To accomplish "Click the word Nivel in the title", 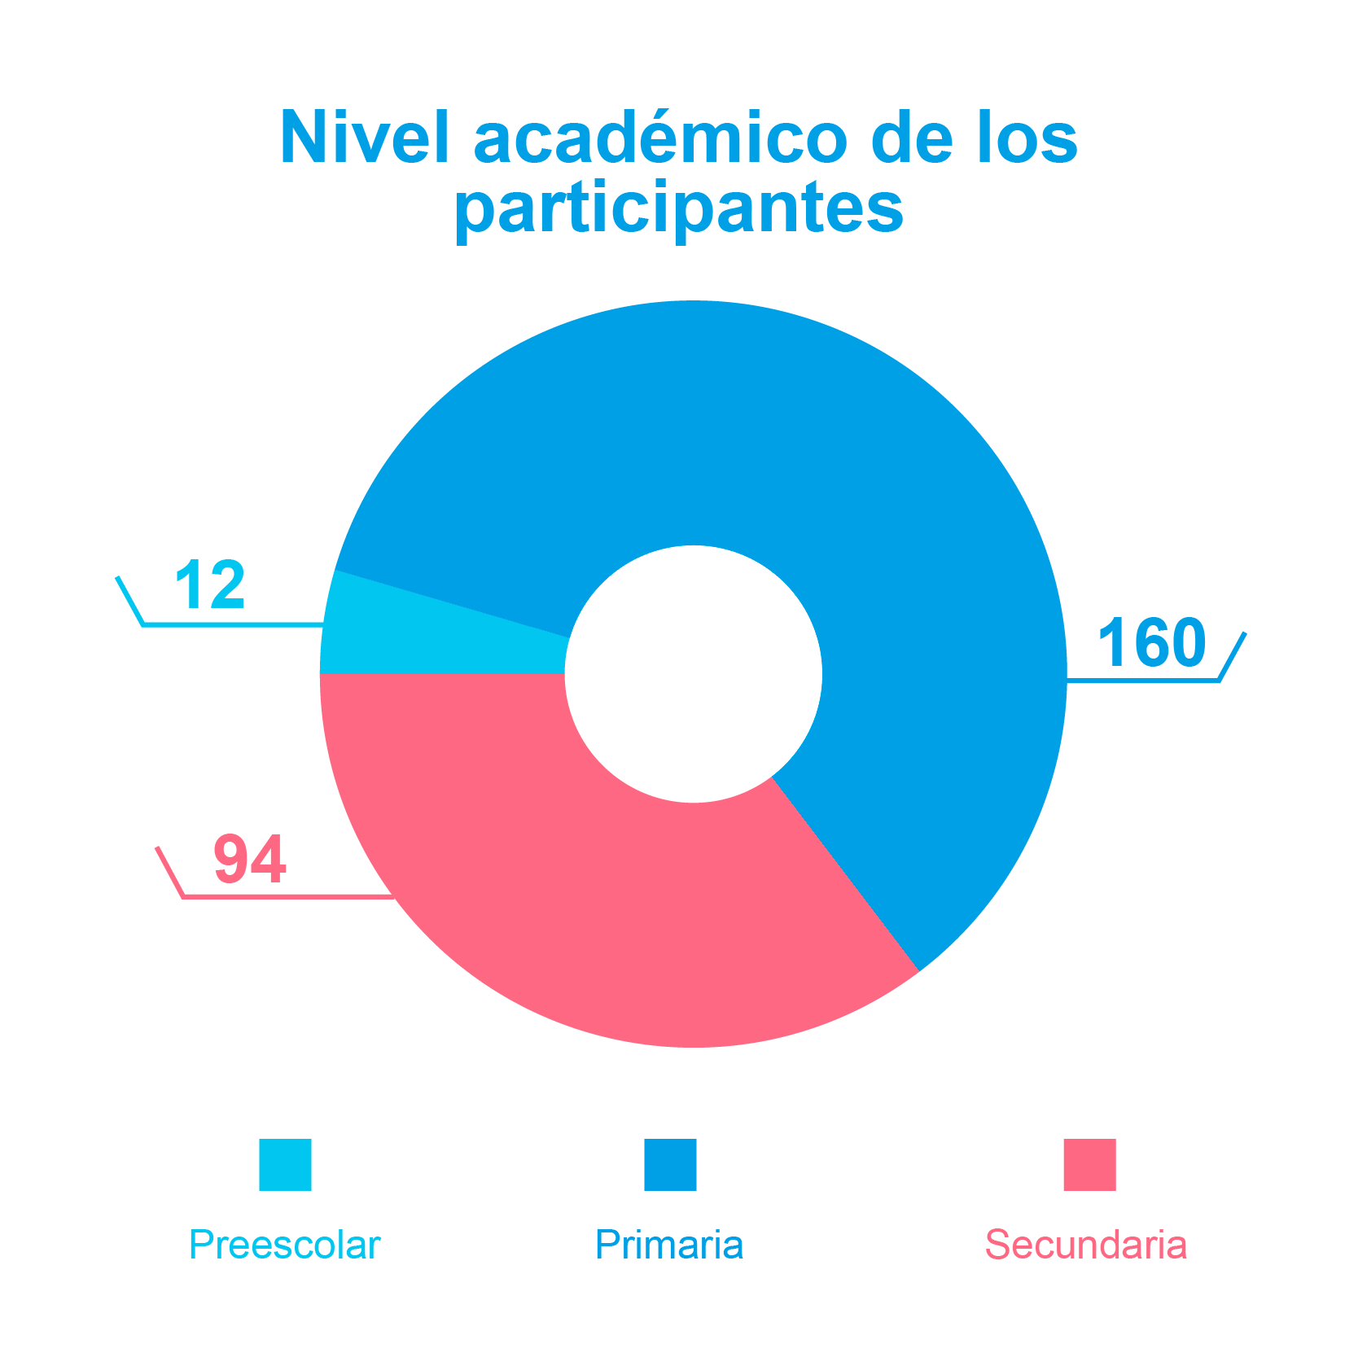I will (x=364, y=138).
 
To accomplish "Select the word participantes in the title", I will (x=679, y=208).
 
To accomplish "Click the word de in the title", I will (x=911, y=138).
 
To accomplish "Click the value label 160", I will (x=1151, y=642).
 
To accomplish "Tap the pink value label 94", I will (x=250, y=859).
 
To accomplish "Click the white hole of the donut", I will (x=694, y=674).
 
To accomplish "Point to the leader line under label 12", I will (x=228, y=624).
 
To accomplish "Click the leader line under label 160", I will (x=1140, y=679).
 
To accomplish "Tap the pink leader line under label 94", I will (x=285, y=896).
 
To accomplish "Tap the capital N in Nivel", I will (x=301, y=138).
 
